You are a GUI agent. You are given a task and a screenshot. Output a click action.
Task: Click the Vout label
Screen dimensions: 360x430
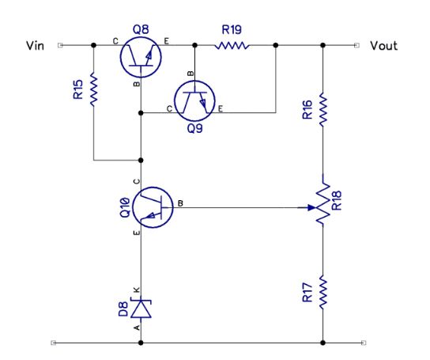coord(383,46)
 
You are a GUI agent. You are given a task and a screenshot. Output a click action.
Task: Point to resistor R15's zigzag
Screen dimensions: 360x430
coord(93,89)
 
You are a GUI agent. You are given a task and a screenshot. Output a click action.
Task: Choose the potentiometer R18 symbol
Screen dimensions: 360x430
coord(322,203)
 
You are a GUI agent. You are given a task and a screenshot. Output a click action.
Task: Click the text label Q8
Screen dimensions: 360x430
coord(141,29)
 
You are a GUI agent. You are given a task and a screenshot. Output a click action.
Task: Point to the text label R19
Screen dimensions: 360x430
coord(232,30)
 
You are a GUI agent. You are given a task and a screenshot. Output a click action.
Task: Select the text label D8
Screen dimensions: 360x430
coord(123,306)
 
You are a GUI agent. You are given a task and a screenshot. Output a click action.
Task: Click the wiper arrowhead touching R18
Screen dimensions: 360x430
coord(311,208)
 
